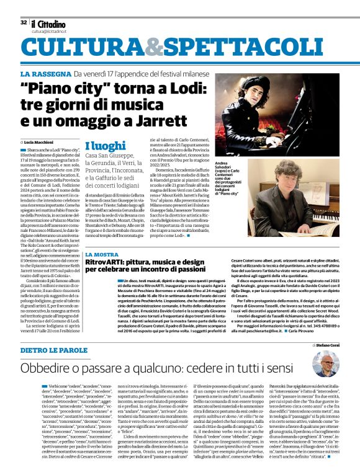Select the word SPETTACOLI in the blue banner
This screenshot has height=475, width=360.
pos(217,48)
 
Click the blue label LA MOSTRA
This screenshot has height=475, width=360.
pos(101,254)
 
